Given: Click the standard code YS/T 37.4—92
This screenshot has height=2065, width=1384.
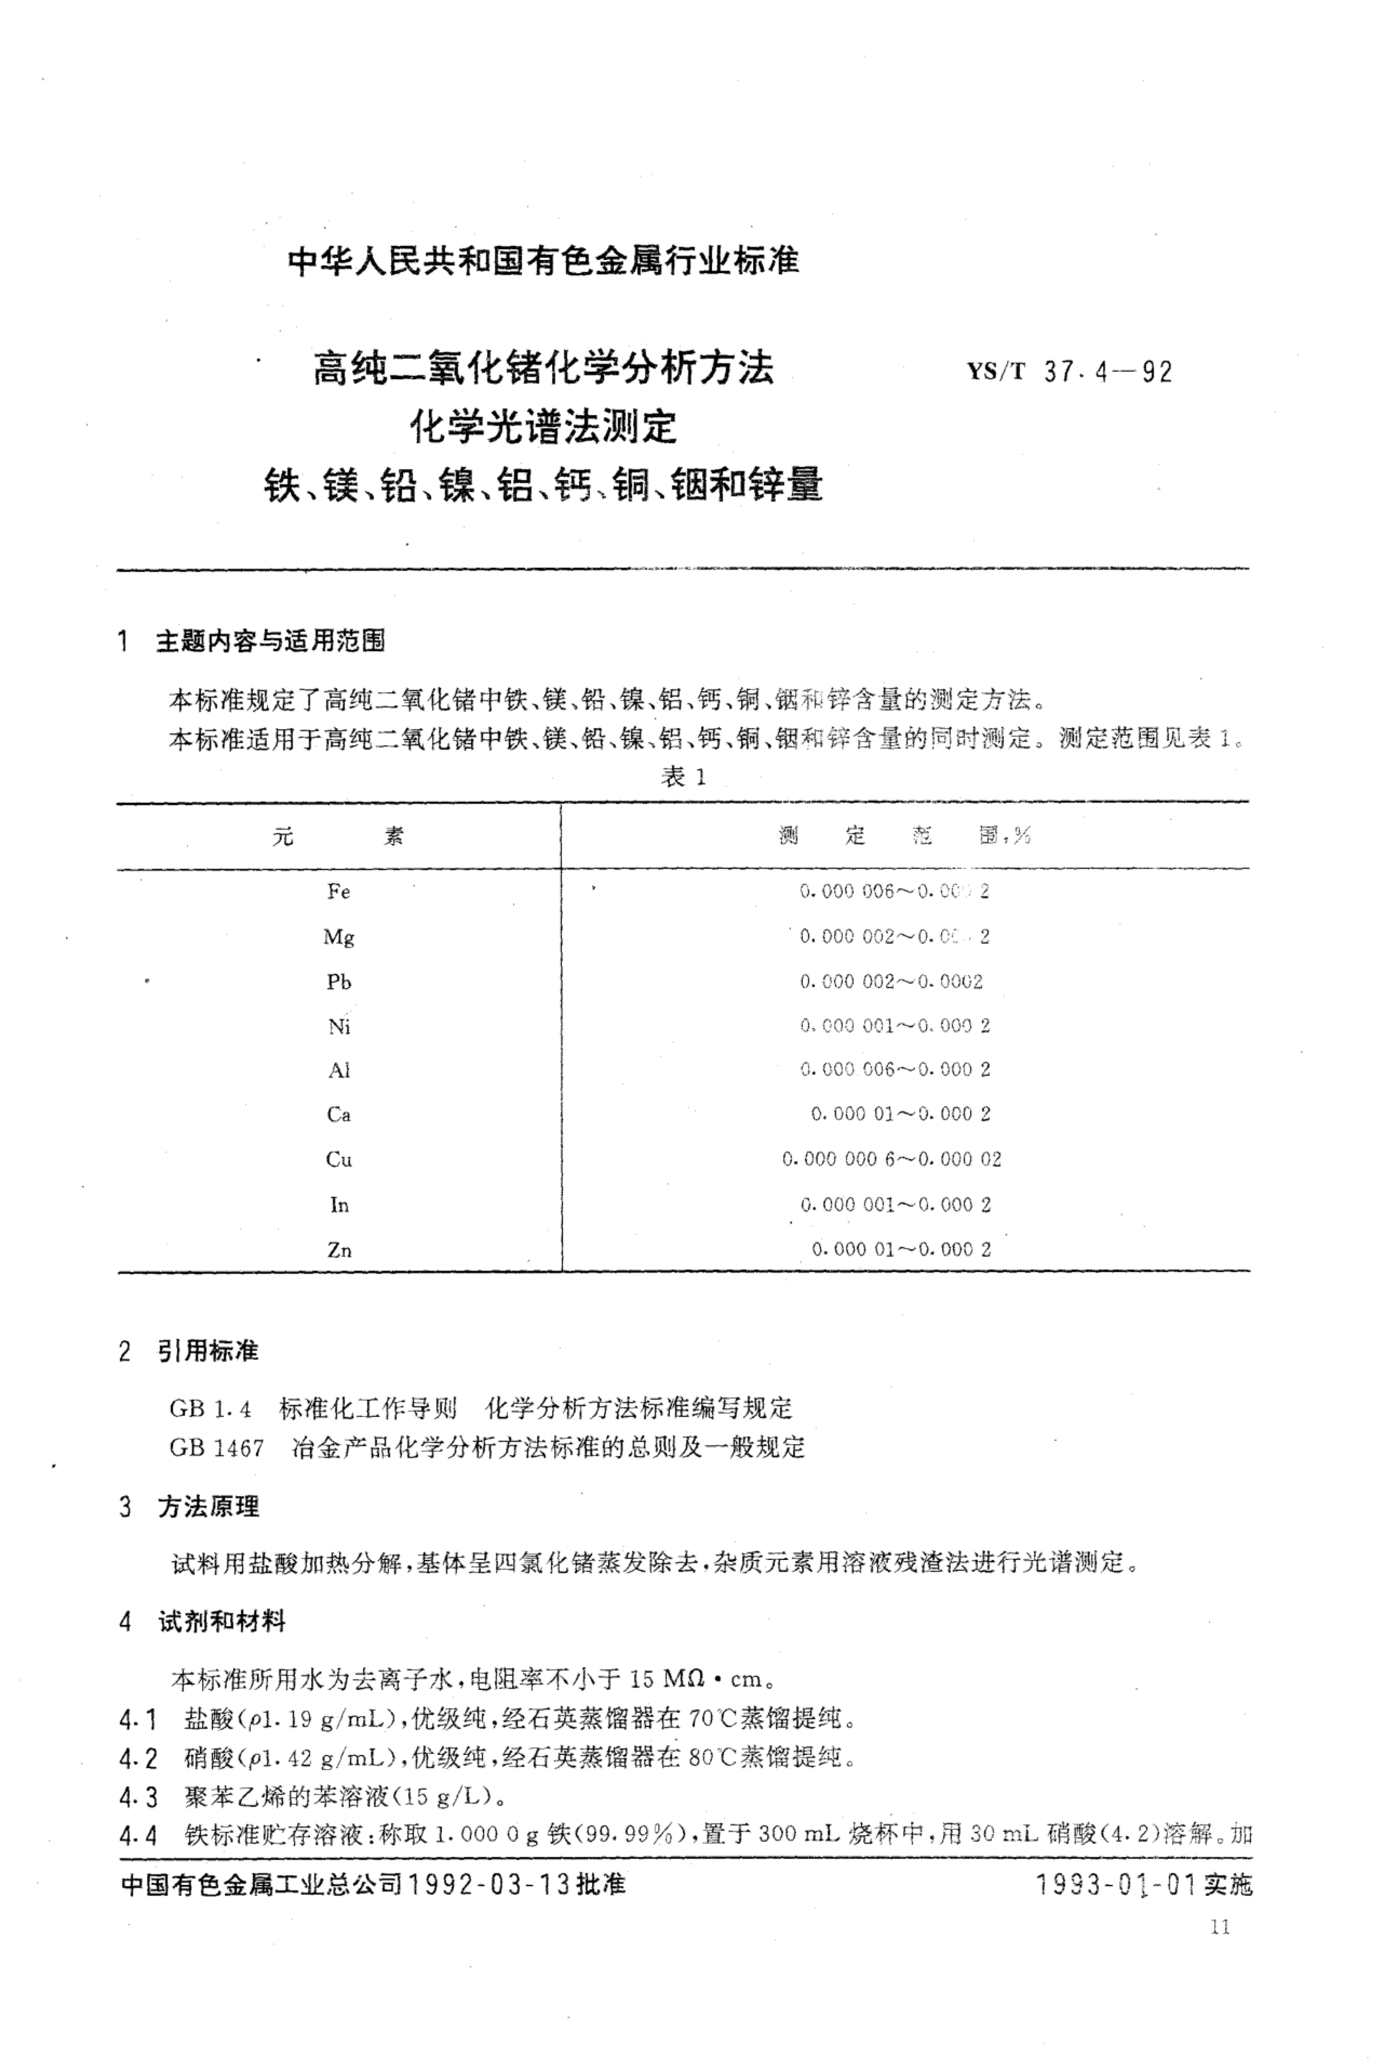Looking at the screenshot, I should pos(1070,372).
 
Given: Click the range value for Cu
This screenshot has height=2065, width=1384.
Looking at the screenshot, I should pos(892,1159).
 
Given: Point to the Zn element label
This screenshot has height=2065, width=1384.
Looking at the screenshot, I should pos(339,1250).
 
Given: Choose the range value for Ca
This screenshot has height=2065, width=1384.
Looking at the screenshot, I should pos(900,1114).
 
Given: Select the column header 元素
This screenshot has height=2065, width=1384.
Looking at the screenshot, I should pos(338,836).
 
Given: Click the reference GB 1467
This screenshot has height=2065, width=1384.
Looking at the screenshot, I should pos(216,1447).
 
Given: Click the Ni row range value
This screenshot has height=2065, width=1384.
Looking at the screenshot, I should pos(895,1025).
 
